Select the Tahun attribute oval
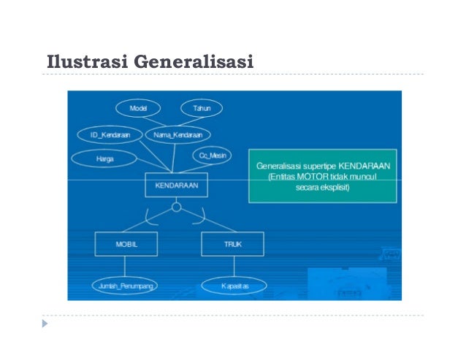(202, 108)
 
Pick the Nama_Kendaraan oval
(178, 135)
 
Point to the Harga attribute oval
(104, 158)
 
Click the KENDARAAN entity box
(176, 186)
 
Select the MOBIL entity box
(126, 244)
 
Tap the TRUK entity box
(232, 244)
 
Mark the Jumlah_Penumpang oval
(126, 286)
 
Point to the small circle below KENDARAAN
(176, 208)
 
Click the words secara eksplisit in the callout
(322, 188)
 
